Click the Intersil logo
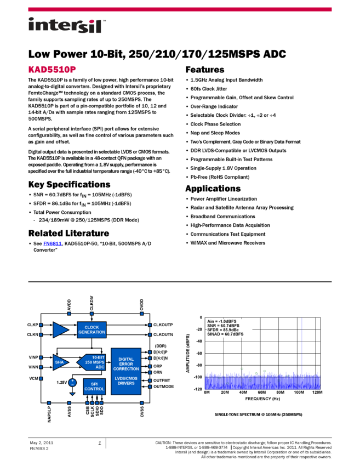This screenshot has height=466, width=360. (67, 26)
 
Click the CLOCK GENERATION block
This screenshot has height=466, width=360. (92, 329)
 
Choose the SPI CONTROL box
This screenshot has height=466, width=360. (94, 386)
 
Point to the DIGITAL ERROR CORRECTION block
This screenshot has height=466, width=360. (126, 371)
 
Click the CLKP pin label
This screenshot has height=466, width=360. (32, 325)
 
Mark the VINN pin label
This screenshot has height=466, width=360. (33, 367)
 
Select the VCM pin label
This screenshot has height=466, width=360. (33, 378)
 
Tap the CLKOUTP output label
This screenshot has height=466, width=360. (163, 325)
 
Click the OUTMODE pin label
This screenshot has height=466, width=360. (164, 387)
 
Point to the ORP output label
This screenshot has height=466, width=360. (158, 366)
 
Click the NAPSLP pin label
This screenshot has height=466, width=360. (49, 414)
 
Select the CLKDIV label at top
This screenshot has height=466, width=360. (92, 304)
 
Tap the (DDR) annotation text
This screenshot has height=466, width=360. (160, 346)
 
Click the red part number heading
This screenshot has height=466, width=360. (52, 70)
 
